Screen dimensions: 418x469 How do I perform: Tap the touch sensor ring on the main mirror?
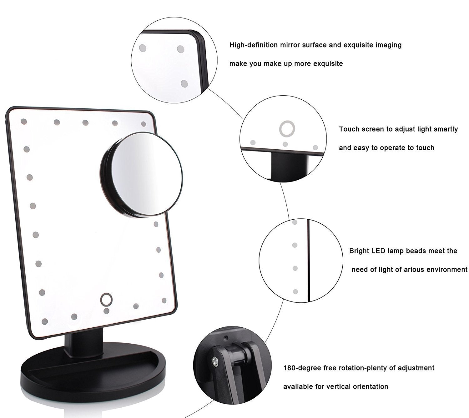[x=106, y=300]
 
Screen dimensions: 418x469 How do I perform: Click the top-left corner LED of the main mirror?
[x=24, y=121]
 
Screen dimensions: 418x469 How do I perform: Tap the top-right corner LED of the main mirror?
[x=144, y=124]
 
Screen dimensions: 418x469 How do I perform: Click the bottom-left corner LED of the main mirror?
[x=44, y=321]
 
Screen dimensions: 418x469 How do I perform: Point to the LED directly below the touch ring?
[x=106, y=311]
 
